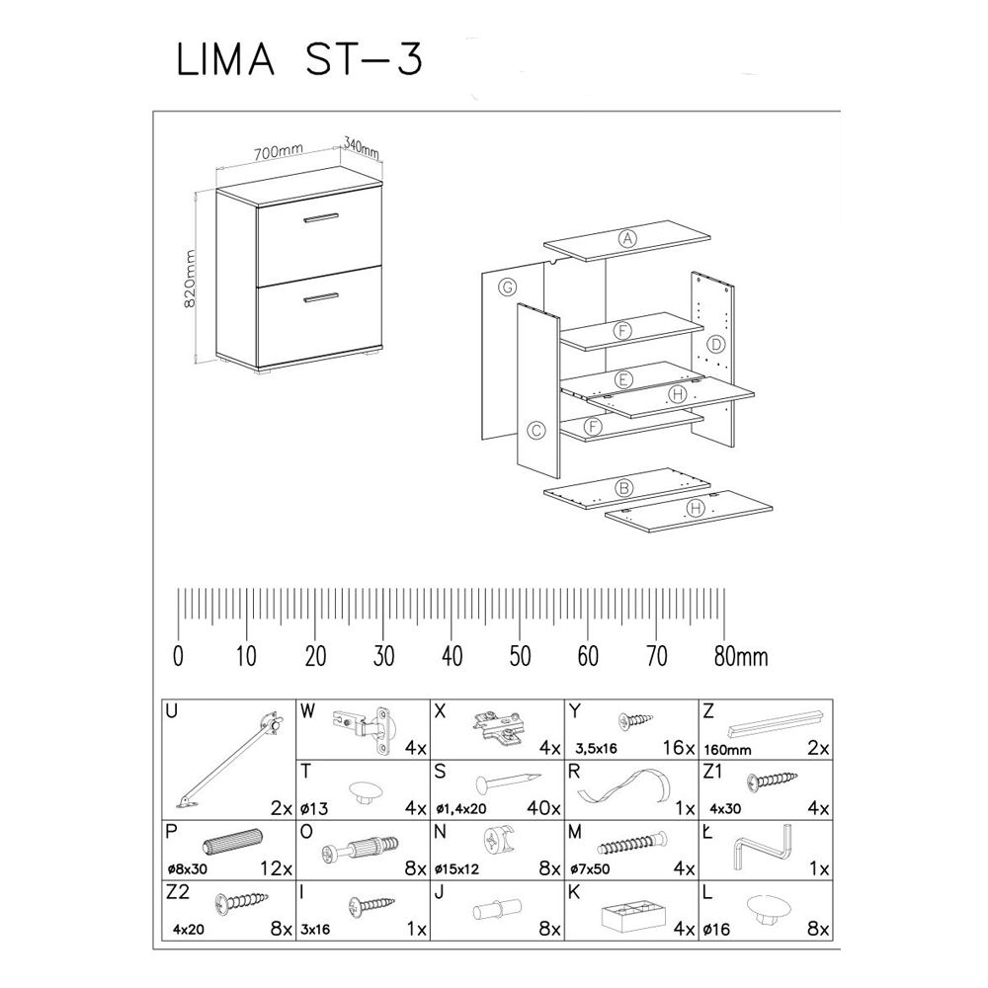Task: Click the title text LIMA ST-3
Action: pyautogui.click(x=299, y=60)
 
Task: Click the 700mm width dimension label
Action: pyautogui.click(x=277, y=152)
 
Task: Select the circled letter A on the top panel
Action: pyautogui.click(x=626, y=238)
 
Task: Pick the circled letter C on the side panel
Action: pyautogui.click(x=536, y=430)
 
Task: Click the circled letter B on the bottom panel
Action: pyautogui.click(x=623, y=487)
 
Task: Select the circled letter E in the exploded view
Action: pyautogui.click(x=622, y=379)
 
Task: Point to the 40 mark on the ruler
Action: pyautogui.click(x=452, y=656)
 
